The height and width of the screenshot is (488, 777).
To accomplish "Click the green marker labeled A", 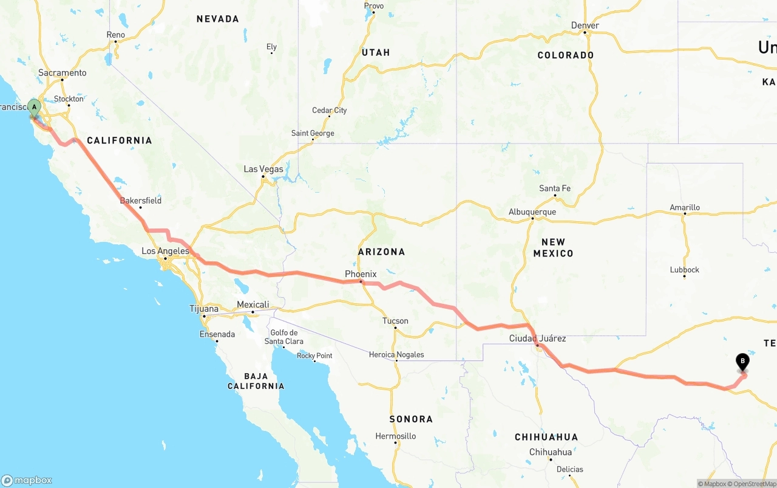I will pos(35,108).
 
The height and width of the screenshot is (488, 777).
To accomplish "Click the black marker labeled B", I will pos(742,362).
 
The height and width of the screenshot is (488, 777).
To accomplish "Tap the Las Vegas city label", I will pos(263,169).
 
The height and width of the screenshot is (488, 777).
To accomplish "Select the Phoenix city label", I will pos(361,274).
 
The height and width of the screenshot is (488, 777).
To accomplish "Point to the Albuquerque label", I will pos(532,212).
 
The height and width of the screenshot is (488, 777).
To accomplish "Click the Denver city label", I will pos(585,26).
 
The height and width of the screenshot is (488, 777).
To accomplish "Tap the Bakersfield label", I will pos(141,200).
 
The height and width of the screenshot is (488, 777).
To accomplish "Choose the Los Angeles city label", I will pos(165,251).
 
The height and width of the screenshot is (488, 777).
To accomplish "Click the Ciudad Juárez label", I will pos(537,339).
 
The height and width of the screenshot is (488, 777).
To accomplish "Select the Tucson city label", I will pos(395,321).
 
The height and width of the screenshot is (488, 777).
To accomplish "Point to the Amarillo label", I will pos(685,207).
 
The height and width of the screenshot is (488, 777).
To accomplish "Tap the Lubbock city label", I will pos(684,270).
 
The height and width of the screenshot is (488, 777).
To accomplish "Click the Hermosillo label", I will pos(396,436).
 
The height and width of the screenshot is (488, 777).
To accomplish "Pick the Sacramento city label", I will pos(63,73).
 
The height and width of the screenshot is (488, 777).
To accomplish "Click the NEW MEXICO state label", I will pos(553,247).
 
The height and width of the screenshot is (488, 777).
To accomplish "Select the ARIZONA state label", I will pos(381,252).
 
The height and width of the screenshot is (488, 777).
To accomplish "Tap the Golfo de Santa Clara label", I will pos(284,337).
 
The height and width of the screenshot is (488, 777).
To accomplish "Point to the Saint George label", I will pos(313,133).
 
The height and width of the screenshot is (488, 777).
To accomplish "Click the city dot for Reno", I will pos(115,42).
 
